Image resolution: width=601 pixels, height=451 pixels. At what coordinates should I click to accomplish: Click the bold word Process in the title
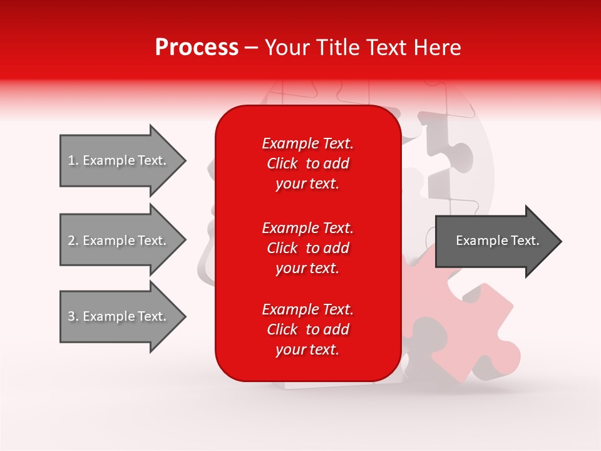[x=197, y=48]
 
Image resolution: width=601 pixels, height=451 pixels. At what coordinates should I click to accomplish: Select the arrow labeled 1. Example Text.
[x=122, y=160]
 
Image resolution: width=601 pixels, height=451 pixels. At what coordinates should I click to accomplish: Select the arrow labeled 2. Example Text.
[x=122, y=241]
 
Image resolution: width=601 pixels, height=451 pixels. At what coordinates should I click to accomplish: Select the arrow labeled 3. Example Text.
[x=122, y=316]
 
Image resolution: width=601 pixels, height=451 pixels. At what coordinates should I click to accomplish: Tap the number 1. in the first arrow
[x=73, y=160]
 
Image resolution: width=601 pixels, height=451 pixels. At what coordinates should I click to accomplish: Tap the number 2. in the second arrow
[x=73, y=241]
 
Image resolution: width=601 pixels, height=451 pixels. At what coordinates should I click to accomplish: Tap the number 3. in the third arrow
[x=73, y=316]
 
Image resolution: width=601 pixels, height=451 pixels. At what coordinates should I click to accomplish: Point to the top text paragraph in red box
[x=307, y=163]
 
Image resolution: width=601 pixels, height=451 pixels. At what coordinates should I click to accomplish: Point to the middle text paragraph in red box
[x=307, y=248]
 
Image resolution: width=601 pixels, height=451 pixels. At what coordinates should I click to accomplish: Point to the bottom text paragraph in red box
[x=307, y=329]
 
